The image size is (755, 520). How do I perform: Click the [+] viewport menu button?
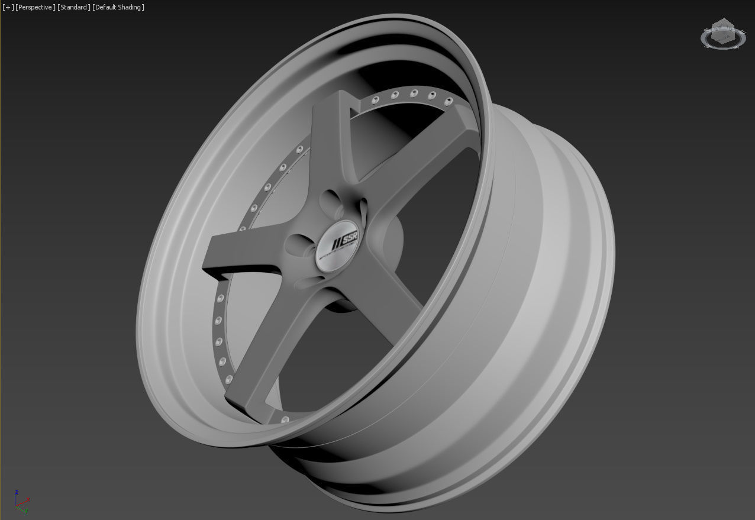(8, 7)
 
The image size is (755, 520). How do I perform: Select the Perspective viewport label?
(35, 7)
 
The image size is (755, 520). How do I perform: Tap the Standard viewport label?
(74, 7)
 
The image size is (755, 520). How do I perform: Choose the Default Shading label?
(118, 7)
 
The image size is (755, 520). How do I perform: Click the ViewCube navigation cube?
(722, 33)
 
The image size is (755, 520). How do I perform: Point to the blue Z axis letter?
(17, 492)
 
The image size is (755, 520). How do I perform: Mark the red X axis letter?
(28, 499)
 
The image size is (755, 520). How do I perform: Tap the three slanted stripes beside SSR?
(337, 243)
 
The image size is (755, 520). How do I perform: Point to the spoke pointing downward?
(272, 355)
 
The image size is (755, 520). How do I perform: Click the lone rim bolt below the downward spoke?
(285, 419)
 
